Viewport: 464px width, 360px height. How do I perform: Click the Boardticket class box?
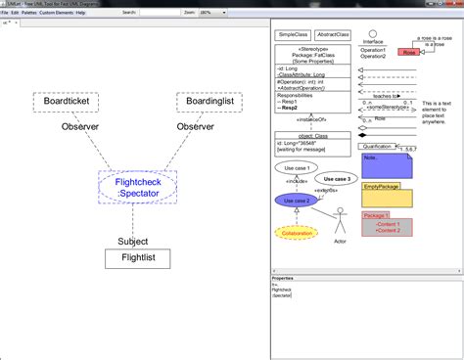(66, 102)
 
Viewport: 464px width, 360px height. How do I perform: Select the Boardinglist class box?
(209, 102)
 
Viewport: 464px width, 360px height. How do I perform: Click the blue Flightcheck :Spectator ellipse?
(138, 186)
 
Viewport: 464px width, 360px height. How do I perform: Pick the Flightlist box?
(137, 259)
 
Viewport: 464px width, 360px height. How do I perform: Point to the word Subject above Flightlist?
(133, 241)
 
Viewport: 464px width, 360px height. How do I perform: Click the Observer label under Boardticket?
(80, 127)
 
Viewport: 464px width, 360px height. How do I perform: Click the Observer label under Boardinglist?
(195, 127)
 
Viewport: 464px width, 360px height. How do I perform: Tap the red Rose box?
(408, 51)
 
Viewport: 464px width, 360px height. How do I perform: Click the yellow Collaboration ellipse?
(296, 233)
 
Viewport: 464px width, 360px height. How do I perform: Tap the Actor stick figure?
(340, 220)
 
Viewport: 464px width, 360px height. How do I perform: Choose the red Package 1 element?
(386, 224)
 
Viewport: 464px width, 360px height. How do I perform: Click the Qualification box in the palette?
(385, 146)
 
